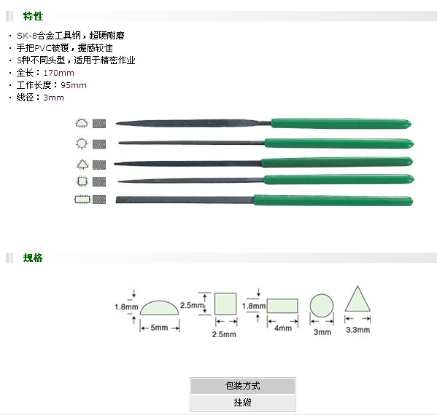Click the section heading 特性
(33, 16)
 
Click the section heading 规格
(33, 258)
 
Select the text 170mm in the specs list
(59, 73)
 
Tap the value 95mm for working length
(74, 85)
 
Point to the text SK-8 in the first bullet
(27, 36)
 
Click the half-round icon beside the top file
(82, 123)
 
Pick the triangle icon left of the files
(82, 164)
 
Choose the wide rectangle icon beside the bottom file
(82, 199)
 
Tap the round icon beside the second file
(82, 143)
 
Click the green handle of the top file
(341, 124)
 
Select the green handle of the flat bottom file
(333, 200)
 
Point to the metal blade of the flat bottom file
(185, 199)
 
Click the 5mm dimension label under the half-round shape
(159, 328)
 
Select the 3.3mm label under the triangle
(358, 330)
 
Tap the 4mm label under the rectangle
(283, 328)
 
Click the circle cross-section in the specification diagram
(322, 305)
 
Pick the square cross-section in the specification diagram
(225, 304)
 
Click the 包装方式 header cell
(243, 386)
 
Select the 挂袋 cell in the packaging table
(243, 402)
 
